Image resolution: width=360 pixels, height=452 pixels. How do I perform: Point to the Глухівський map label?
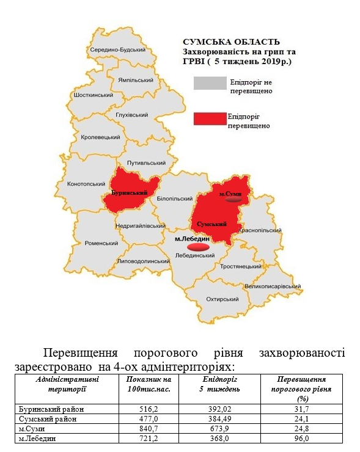(x=132, y=114)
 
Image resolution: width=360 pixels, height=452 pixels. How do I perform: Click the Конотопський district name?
(x=86, y=183)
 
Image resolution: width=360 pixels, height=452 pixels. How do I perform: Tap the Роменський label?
(x=101, y=242)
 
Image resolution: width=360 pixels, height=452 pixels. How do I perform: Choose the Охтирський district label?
(x=222, y=299)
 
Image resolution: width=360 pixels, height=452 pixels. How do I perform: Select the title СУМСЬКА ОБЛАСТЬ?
(x=232, y=42)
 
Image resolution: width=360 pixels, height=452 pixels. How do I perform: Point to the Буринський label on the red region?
(x=131, y=193)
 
